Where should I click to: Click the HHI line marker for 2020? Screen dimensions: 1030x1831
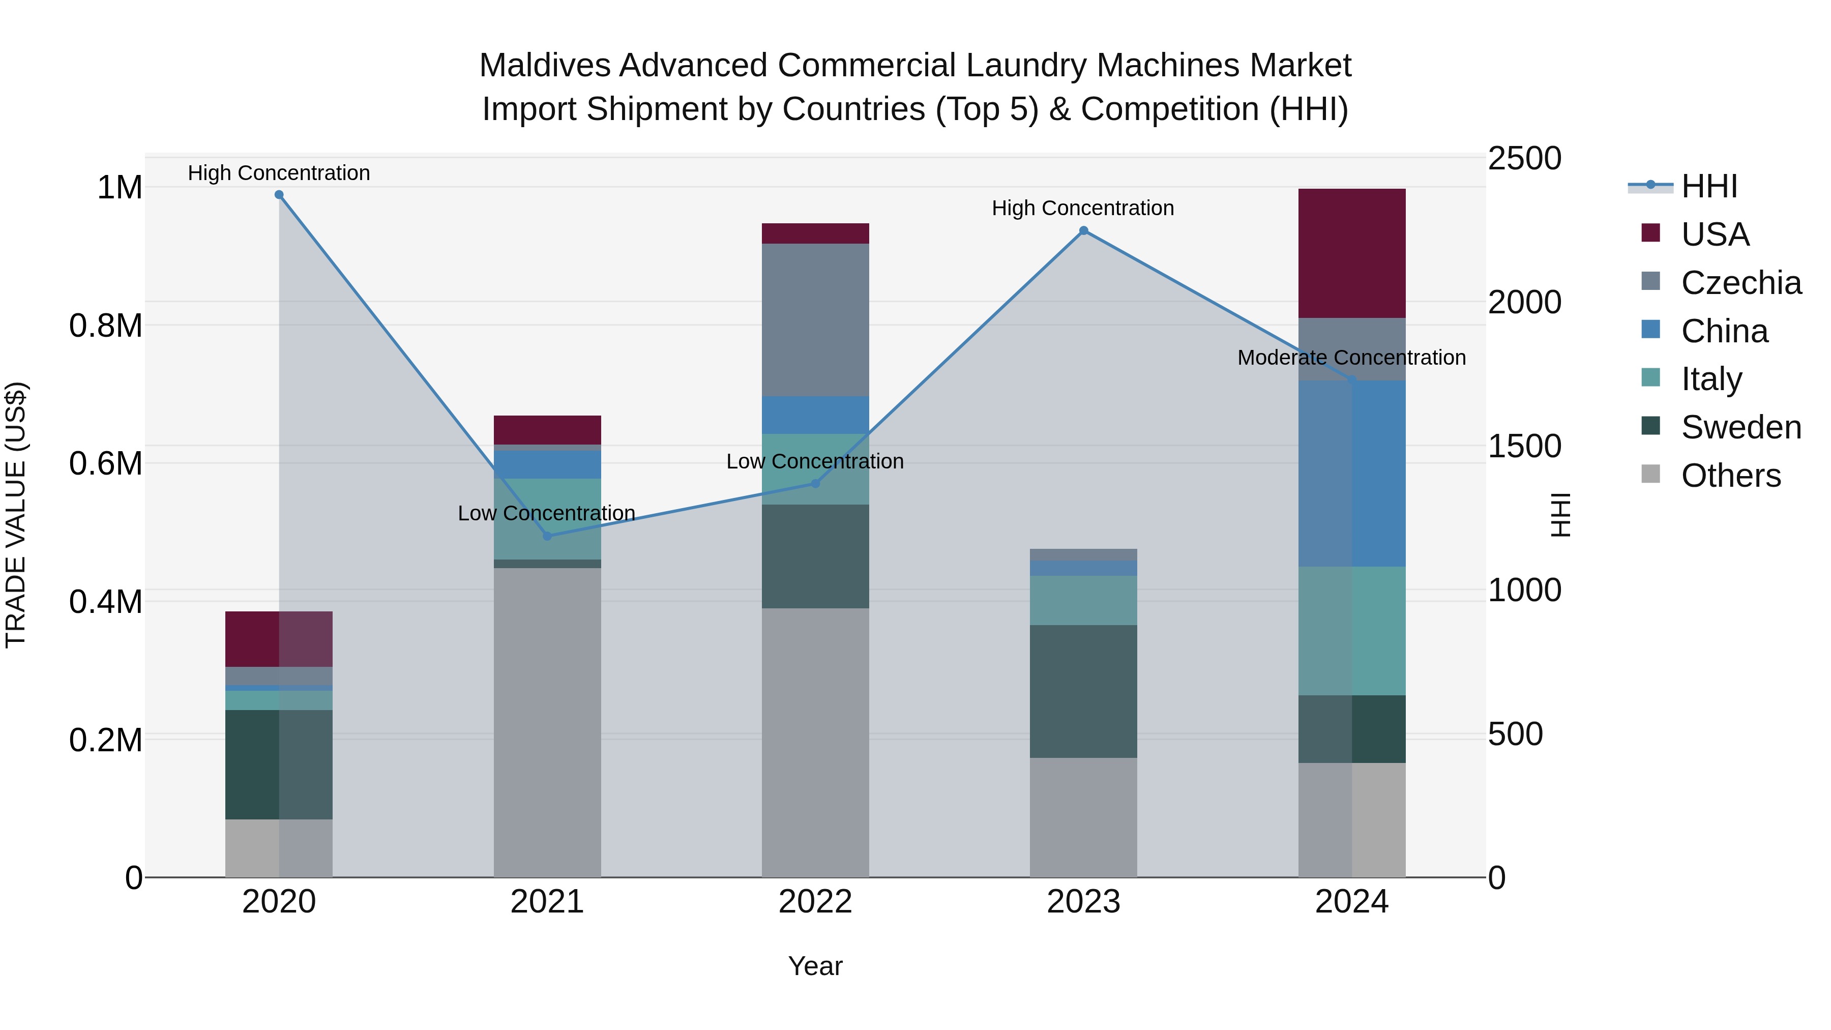(279, 195)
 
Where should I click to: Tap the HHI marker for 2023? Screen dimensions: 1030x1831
(1083, 230)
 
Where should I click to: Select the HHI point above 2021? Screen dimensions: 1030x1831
(547, 536)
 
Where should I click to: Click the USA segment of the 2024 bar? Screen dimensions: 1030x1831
(1351, 253)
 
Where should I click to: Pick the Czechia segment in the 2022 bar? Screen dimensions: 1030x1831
(815, 320)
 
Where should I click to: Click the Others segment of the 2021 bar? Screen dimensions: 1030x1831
(547, 721)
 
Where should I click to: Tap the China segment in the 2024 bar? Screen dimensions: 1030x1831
(1351, 474)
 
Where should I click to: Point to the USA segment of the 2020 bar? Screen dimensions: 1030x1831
(279, 638)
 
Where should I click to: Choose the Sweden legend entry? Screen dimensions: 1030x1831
(1740, 427)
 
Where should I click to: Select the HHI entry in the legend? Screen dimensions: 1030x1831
(1709, 186)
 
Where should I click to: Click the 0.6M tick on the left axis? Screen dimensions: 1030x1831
(106, 463)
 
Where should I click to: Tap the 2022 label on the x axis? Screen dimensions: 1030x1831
(815, 901)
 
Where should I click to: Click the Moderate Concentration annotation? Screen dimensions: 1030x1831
(1351, 358)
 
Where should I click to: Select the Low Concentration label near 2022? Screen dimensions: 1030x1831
(815, 461)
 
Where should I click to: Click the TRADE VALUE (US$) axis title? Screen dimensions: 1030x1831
(16, 515)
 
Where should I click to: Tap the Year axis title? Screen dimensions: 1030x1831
(815, 966)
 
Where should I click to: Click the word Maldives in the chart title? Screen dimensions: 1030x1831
(544, 66)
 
